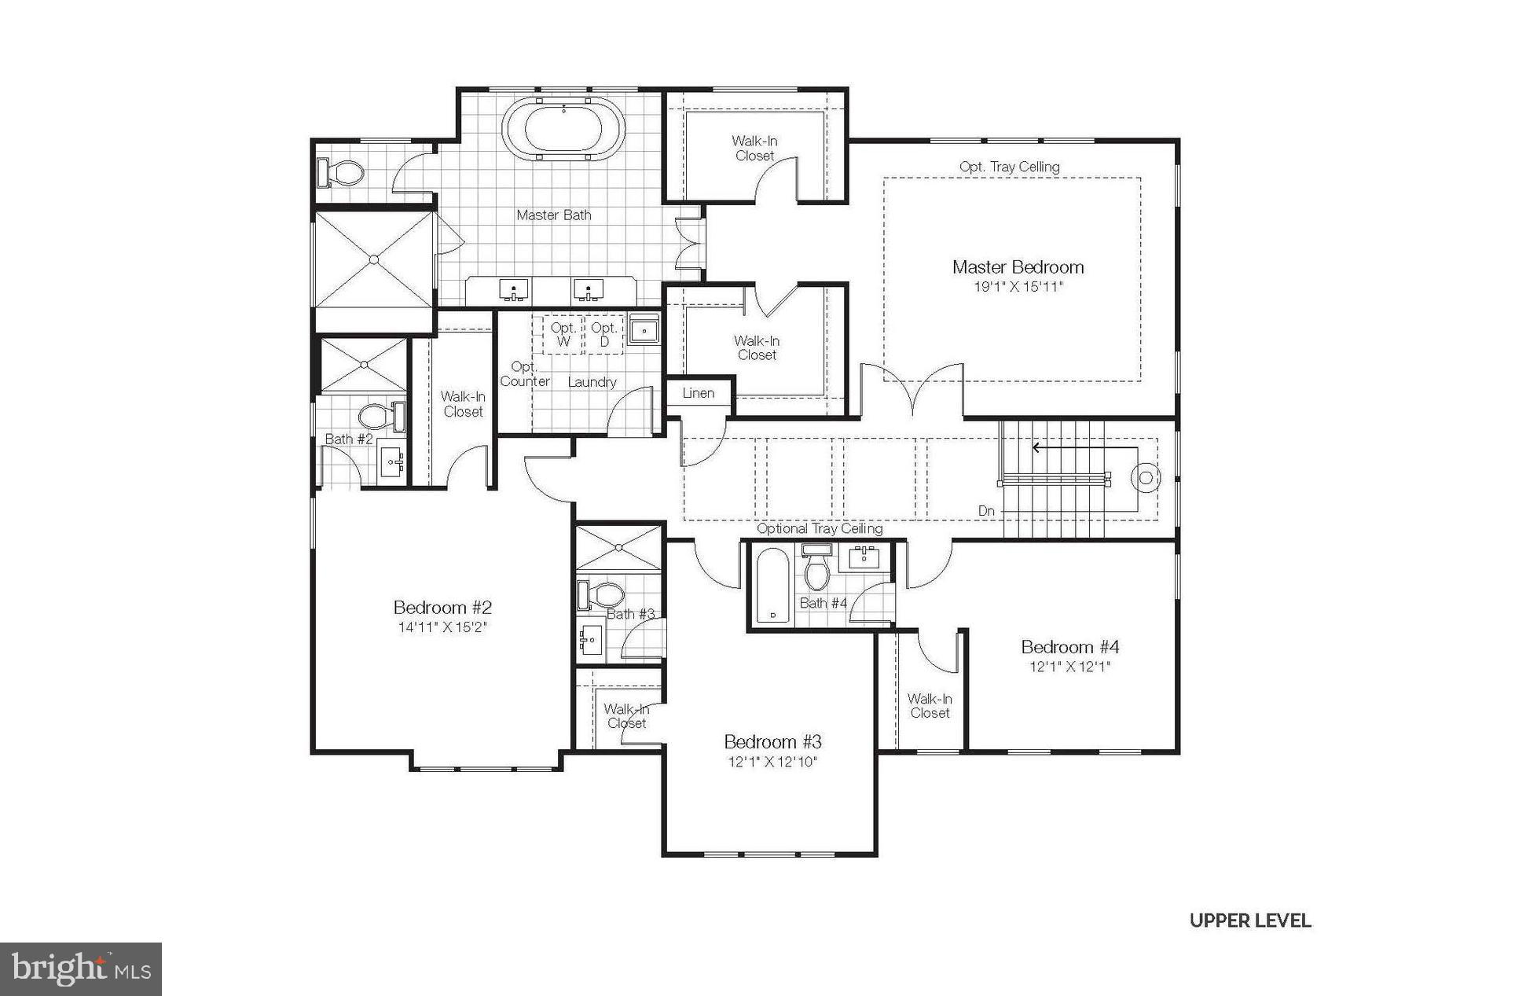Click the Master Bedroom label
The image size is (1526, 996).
click(x=1018, y=267)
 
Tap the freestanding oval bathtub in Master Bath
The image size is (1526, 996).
click(x=563, y=130)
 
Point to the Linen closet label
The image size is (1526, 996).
click(x=698, y=393)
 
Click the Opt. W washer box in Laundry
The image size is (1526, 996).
click(x=563, y=334)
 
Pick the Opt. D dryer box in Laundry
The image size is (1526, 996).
click(x=603, y=334)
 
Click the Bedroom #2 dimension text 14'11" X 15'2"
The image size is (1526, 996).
click(x=442, y=627)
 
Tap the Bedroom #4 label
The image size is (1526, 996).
click(x=1069, y=647)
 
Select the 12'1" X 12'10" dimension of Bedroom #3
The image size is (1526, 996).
click(x=772, y=762)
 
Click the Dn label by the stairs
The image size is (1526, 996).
click(x=986, y=511)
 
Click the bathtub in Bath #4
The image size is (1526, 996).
click(x=772, y=586)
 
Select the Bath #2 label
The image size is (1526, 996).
click(x=348, y=439)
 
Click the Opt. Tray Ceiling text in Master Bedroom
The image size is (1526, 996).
click(x=1009, y=167)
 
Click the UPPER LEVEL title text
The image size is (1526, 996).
click(x=1249, y=921)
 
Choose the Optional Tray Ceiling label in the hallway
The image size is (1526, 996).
click(x=819, y=529)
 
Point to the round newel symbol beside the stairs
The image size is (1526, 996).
click(x=1146, y=477)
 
